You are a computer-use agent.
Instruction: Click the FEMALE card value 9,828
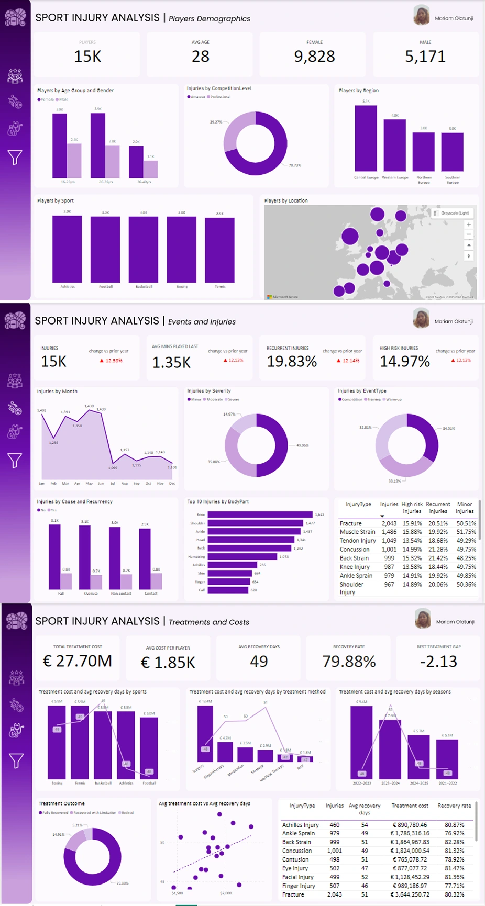coord(314,57)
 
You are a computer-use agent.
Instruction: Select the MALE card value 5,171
coord(425,57)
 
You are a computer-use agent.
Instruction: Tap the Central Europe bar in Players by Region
coord(366,139)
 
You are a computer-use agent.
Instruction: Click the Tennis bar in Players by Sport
coord(219,250)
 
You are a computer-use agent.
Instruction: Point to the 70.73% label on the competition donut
coord(295,165)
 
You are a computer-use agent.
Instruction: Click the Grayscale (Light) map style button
coord(453,213)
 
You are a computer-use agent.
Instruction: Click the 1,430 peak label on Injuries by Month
coord(89,406)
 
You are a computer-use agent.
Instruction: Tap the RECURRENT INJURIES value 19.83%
coord(292,362)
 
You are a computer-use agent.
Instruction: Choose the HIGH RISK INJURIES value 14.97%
coord(405,362)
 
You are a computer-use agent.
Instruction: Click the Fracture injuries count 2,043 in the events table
coord(389,523)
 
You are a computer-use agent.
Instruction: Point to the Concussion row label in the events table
coord(355,550)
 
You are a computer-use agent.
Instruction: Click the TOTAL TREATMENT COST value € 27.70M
coord(78,662)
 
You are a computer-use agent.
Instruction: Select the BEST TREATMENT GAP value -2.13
coord(438,662)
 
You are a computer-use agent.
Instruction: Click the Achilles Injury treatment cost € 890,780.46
coord(410,825)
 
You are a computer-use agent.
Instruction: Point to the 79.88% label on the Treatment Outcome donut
coord(122,883)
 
